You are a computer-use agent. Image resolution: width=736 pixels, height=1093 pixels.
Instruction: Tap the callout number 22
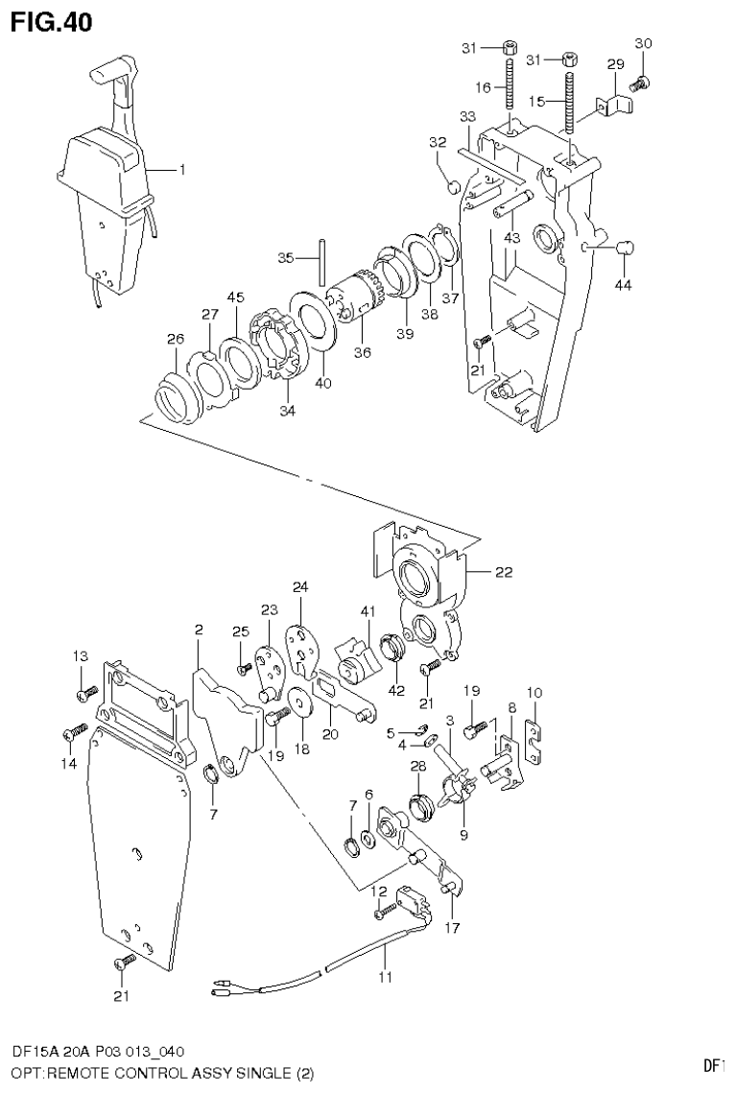[504, 572]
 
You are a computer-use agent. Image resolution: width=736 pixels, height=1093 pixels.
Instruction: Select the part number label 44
[625, 285]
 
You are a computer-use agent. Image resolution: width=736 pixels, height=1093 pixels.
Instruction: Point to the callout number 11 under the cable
[385, 978]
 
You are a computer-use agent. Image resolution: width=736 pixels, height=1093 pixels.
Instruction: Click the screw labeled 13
[87, 691]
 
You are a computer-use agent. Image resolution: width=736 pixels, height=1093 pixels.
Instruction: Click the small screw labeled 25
[244, 668]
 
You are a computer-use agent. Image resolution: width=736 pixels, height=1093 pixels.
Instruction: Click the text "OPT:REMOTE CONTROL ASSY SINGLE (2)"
[162, 1072]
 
